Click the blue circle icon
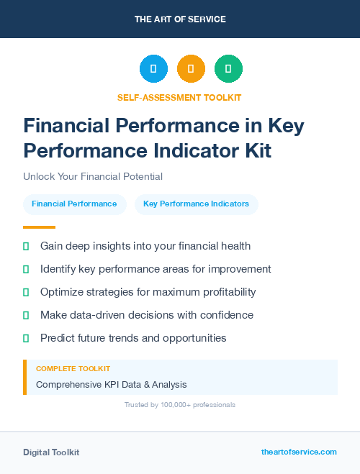pos(153,69)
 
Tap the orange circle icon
pos(191,69)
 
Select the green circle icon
pos(228,69)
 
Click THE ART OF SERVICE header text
pos(180,19)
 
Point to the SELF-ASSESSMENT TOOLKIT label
pos(179,97)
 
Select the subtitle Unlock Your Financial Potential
pos(93,176)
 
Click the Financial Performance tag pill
pos(74,204)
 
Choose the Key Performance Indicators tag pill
pos(196,204)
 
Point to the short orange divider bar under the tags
pos(29,227)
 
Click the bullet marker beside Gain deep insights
pos(26,246)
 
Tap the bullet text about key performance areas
pos(156,269)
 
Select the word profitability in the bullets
pos(224,292)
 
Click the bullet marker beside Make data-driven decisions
pos(26,315)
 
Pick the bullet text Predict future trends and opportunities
pos(133,338)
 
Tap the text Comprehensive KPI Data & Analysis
pos(111,385)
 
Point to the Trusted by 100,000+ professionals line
pos(179,405)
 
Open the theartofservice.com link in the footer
pos(299,452)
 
